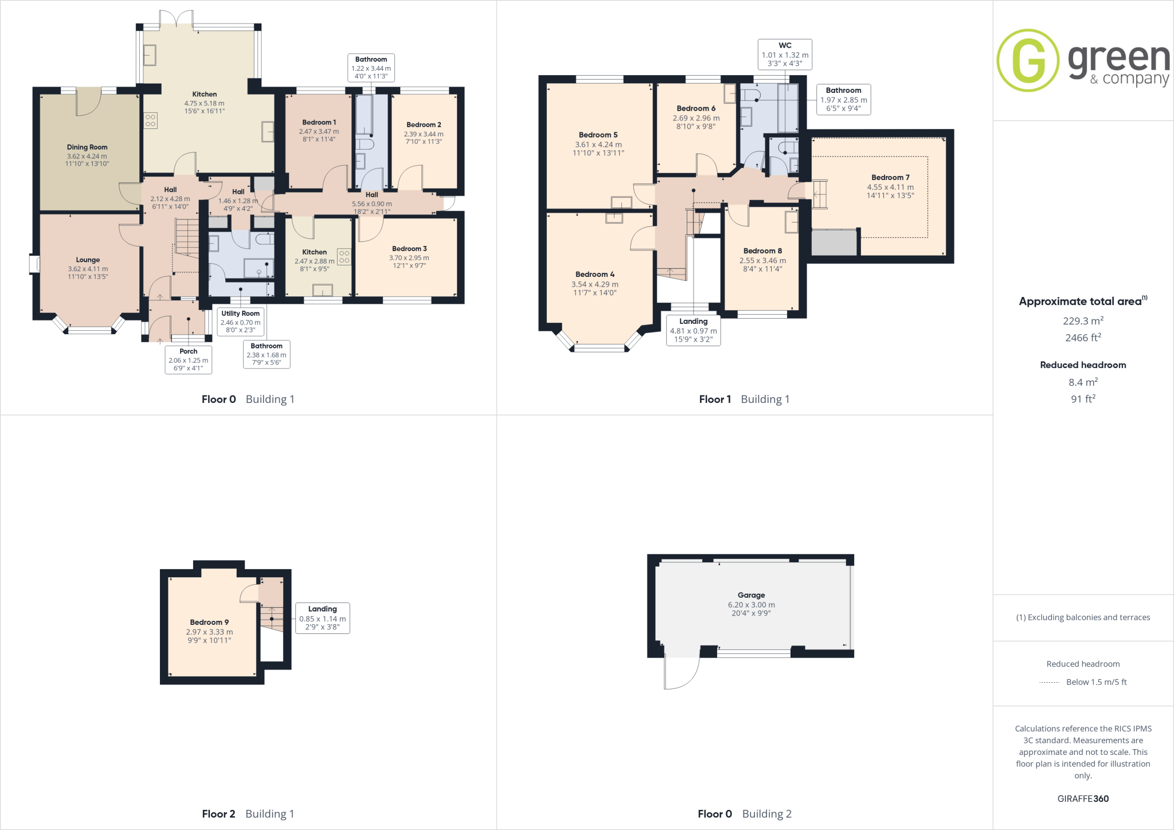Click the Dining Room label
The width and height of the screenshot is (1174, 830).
click(87, 147)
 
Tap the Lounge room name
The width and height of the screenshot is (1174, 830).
click(88, 260)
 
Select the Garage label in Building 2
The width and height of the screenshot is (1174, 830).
click(751, 595)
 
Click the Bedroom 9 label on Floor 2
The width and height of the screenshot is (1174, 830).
click(209, 622)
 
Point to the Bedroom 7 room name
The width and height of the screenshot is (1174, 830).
click(890, 178)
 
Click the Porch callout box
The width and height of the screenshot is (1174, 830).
click(188, 359)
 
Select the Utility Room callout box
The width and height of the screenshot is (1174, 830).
click(240, 322)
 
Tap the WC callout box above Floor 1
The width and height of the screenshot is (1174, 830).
click(785, 54)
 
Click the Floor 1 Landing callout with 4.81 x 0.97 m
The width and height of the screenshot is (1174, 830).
click(693, 330)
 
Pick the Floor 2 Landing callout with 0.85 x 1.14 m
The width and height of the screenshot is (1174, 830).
click(322, 618)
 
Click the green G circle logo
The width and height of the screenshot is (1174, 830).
click(1028, 60)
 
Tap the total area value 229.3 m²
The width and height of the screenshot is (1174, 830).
click(1083, 321)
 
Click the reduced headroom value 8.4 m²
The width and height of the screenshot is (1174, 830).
click(1083, 382)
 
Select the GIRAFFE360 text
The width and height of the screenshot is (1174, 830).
click(1083, 798)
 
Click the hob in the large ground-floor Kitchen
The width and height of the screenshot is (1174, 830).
click(151, 120)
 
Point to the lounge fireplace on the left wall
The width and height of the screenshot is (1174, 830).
click(36, 264)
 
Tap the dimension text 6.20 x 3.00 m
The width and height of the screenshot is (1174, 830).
click(751, 605)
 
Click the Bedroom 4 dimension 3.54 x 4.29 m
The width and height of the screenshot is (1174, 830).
click(594, 284)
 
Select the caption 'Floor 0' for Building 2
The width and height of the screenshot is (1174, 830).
click(715, 814)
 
